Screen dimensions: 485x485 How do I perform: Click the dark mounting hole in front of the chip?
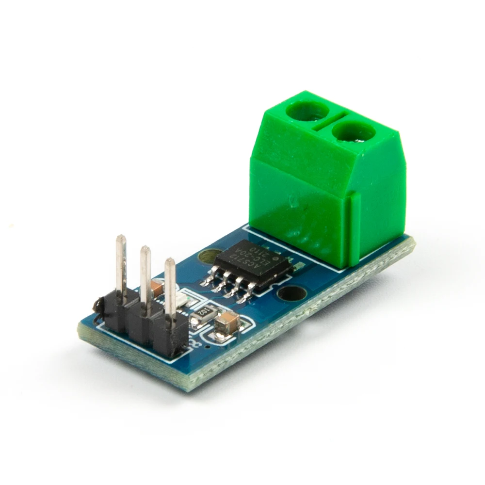coord(292,292)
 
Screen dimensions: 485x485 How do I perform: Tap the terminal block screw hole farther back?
coord(307,110)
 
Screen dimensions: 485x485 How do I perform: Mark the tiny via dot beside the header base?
coord(207,347)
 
